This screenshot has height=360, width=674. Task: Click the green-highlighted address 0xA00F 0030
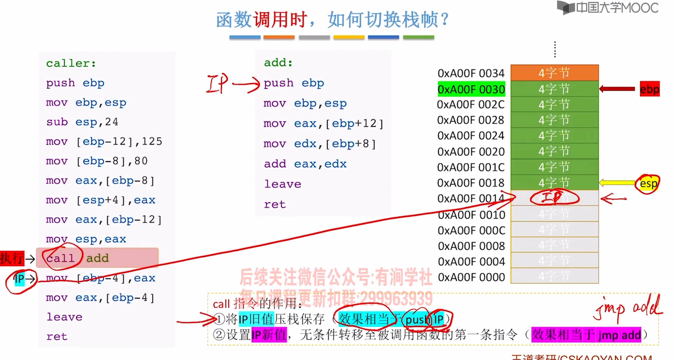(471, 89)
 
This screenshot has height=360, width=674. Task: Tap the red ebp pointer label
(650, 89)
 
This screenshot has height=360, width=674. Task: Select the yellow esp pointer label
(648, 184)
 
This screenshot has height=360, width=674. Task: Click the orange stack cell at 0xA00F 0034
(554, 73)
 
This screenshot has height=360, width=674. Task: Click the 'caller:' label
(71, 63)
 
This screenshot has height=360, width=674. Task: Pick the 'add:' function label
(278, 63)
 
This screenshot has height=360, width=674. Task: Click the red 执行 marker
(12, 258)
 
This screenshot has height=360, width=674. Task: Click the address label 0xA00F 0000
(471, 277)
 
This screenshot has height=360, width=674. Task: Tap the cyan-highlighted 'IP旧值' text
(256, 319)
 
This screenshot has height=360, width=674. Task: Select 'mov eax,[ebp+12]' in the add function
(323, 124)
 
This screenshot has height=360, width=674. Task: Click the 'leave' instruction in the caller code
(64, 317)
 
